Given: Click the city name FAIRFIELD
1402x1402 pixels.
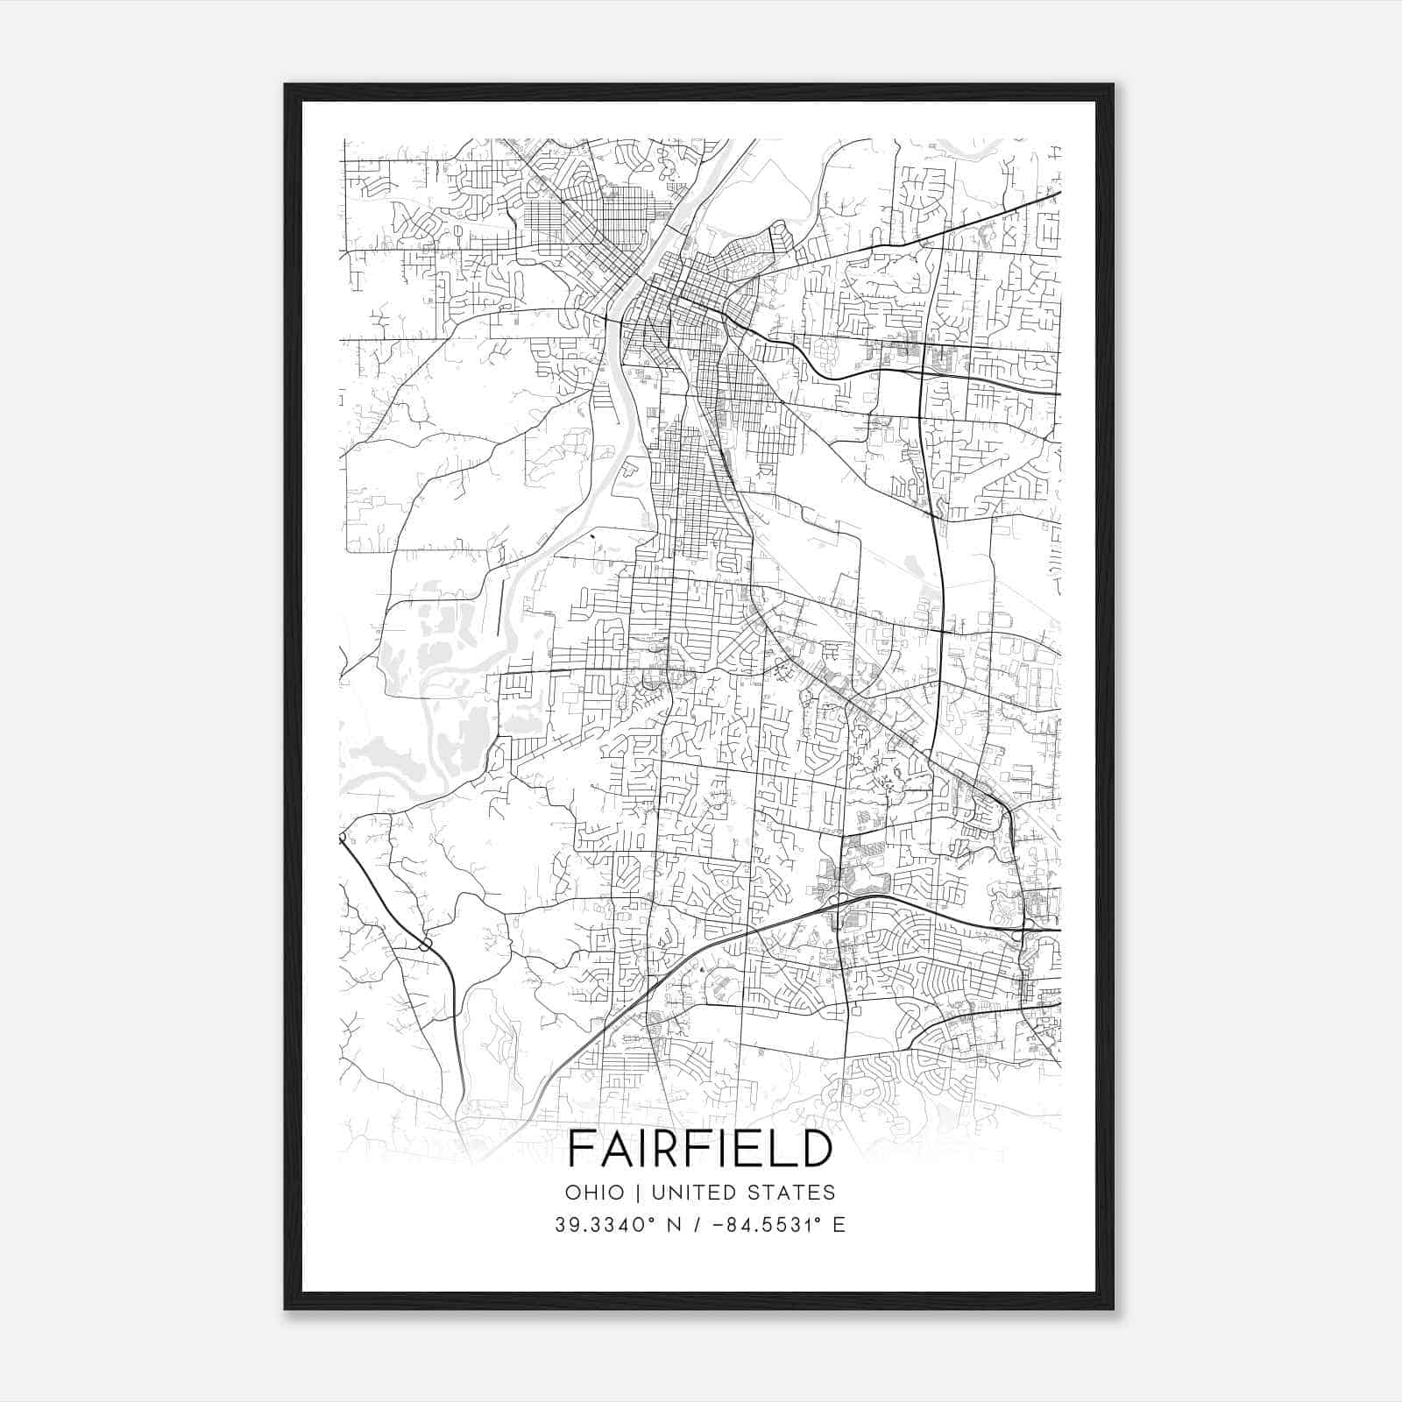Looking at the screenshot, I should [699, 1149].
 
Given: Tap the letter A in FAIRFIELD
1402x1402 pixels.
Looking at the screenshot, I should [617, 1149].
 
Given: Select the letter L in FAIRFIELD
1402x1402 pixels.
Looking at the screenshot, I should [779, 1149].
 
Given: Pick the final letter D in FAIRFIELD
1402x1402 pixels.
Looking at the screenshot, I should [813, 1149].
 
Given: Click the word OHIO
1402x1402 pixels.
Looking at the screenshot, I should [595, 1193].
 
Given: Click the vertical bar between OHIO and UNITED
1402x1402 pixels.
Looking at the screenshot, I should [637, 1193].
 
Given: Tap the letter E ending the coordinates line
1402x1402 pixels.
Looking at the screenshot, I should [839, 1225].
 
